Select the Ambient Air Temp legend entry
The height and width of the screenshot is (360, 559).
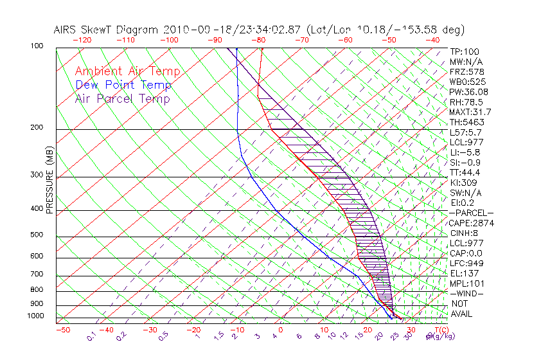(x=127, y=71)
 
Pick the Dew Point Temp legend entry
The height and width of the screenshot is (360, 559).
(x=123, y=85)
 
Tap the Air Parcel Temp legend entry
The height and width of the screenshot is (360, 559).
(x=122, y=98)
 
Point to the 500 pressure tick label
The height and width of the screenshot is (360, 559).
(x=36, y=235)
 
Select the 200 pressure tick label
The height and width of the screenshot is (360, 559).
(x=36, y=127)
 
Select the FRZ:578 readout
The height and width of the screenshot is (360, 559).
(x=465, y=72)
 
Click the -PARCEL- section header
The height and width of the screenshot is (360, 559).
(x=471, y=213)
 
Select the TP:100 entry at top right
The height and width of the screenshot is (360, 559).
(x=464, y=51)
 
